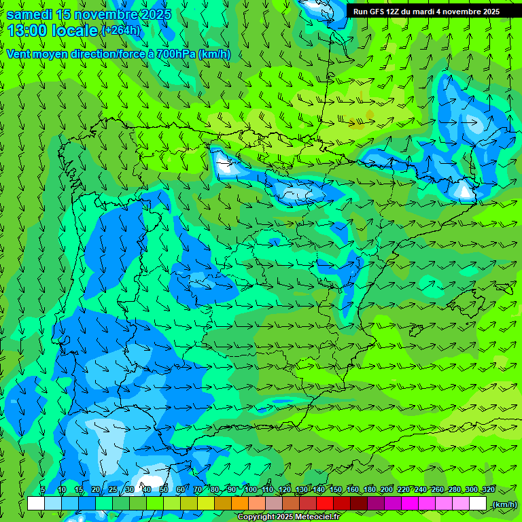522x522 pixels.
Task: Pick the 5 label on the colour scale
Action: [42, 489]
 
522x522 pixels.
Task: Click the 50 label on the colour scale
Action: [164, 489]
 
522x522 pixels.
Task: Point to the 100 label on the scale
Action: [251, 489]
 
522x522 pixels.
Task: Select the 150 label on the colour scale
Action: [336, 489]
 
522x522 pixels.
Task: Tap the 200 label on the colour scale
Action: [387, 489]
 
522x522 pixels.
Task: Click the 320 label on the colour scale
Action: [489, 489]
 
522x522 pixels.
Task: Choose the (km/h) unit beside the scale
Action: [504, 504]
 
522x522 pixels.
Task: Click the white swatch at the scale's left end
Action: [36, 504]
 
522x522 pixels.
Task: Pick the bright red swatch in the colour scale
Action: [325, 504]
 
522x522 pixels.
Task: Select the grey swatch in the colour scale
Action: [274, 504]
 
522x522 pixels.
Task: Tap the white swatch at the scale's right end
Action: [478, 504]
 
